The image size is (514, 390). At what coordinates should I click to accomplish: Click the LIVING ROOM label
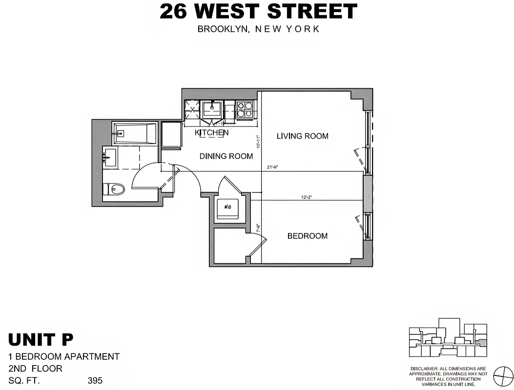[x=302, y=136]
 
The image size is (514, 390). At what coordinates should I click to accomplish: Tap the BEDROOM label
[x=307, y=236]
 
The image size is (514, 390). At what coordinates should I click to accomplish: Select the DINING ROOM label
[x=226, y=156]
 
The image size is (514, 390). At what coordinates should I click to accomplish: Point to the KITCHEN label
[x=211, y=133]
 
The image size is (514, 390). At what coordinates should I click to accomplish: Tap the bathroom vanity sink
[x=110, y=157]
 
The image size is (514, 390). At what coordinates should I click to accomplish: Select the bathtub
[x=134, y=133]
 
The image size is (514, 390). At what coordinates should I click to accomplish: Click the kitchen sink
[x=213, y=108]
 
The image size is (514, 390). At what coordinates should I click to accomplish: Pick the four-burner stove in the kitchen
[x=245, y=109]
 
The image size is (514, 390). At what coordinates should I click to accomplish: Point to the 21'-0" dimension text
[x=273, y=168]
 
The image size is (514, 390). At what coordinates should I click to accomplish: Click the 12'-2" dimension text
[x=307, y=197]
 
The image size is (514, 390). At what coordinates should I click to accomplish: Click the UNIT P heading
[x=41, y=339]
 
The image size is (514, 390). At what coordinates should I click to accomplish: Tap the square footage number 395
[x=95, y=380]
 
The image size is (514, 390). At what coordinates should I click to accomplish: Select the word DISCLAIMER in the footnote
[x=424, y=369]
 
